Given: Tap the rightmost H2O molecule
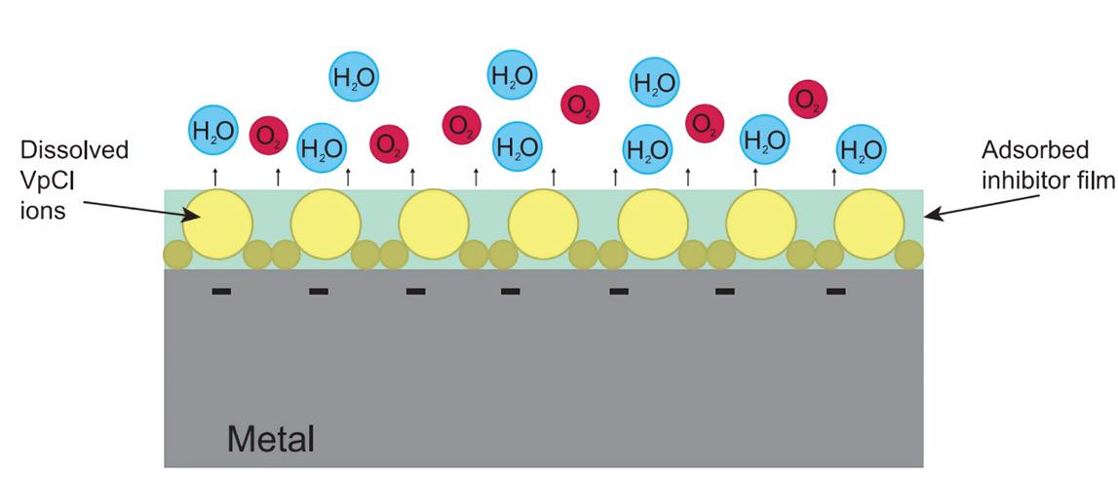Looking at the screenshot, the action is click(x=862, y=150).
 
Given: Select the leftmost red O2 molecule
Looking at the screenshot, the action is click(x=267, y=135).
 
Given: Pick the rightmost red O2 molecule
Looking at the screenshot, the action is click(x=807, y=99).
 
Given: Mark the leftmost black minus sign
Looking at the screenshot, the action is click(x=221, y=291).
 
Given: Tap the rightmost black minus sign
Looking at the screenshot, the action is click(x=835, y=291).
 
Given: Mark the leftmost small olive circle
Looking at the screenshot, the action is click(x=175, y=255).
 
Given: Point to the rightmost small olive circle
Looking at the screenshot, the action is click(x=909, y=255).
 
